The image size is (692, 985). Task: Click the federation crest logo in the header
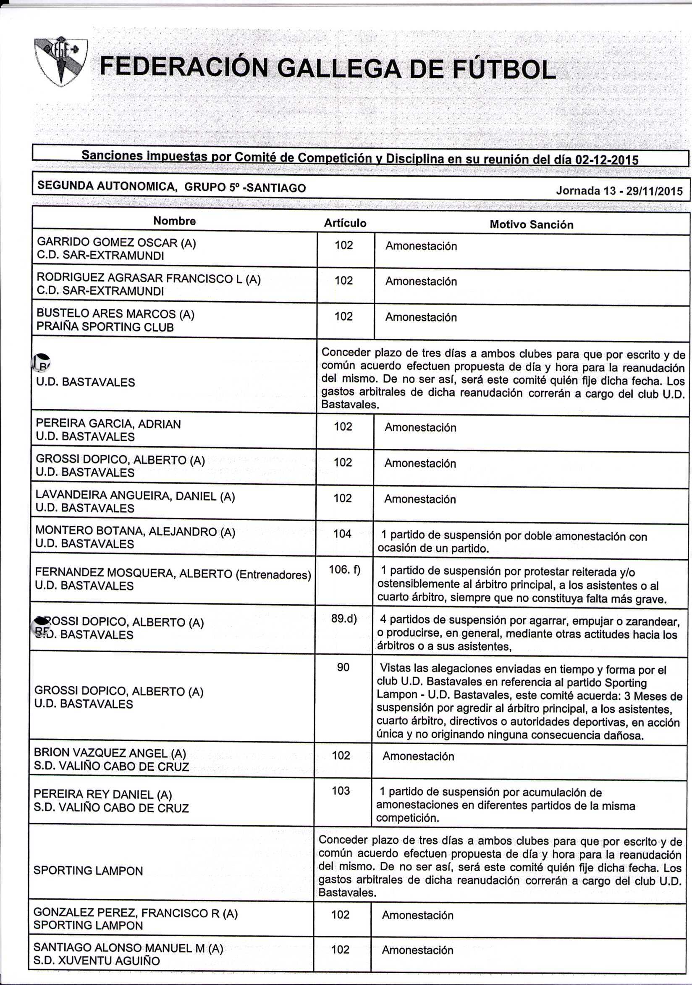[61, 61]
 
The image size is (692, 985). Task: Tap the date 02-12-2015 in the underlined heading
[606, 160]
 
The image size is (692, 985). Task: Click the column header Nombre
[175, 221]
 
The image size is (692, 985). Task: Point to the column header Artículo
[345, 223]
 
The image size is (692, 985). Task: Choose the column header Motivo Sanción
[531, 224]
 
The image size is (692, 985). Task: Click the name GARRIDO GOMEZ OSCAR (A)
[116, 243]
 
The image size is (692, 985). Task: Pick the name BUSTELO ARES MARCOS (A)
[115, 314]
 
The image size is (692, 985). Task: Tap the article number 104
[342, 534]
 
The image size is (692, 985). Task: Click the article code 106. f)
[344, 569]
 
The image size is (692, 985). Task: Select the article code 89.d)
[344, 619]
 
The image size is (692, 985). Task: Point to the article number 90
[343, 667]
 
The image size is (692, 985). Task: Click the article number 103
[341, 791]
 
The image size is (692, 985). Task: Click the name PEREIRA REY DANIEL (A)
[102, 795]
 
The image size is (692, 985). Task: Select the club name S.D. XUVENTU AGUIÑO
[97, 961]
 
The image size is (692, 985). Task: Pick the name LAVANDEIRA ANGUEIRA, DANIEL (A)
[135, 496]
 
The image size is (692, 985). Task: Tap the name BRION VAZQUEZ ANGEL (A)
[110, 753]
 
